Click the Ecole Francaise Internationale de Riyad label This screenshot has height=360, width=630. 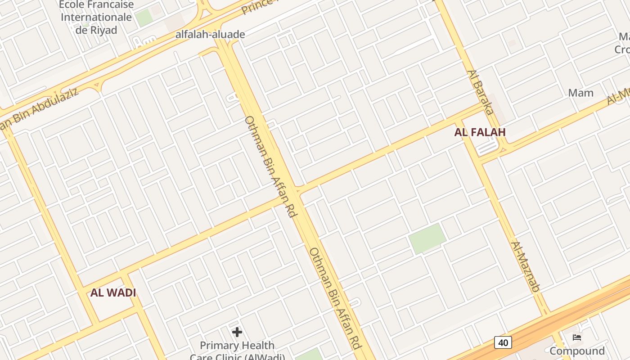pos(96,18)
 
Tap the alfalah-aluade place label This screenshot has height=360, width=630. pos(210,35)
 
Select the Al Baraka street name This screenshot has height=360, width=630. pos(481,92)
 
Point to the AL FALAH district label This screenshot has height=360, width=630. pos(480,132)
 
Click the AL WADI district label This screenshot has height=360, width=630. pos(113,293)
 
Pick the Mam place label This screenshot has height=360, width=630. pos(580,93)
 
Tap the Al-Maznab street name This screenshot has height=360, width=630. pos(525,266)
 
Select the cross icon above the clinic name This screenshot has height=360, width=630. pos(237,333)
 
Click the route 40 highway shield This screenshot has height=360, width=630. pos(503,343)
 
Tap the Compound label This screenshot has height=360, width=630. pos(577,351)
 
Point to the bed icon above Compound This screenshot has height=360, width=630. pos(577,337)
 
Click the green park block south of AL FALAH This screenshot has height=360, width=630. pos(427,238)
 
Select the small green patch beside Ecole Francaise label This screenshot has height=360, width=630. pos(144,18)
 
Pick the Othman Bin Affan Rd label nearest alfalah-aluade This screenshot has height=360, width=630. pos(270,166)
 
